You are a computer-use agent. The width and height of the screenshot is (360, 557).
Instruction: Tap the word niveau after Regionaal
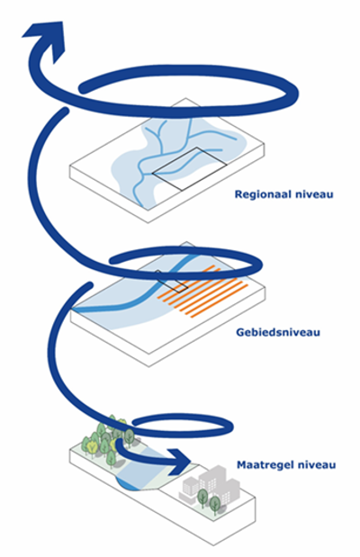pyautogui.click(x=316, y=194)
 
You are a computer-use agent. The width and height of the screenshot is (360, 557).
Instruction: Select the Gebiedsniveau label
pyautogui.click(x=278, y=332)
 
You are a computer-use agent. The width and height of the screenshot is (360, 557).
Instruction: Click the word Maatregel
pyautogui.click(x=265, y=465)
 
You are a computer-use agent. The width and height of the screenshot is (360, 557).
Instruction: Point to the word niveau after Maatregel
pyautogui.click(x=317, y=465)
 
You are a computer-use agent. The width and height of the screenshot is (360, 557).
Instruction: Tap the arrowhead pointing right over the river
pyautogui.click(x=179, y=462)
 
